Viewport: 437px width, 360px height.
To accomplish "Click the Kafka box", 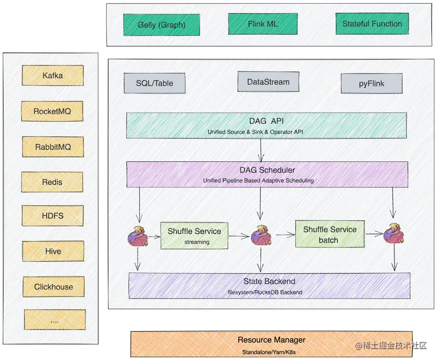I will pyautogui.click(x=53, y=75).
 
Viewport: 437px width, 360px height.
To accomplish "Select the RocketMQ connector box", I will pyautogui.click(x=52, y=111).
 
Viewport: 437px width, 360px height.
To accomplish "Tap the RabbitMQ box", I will pyautogui.click(x=53, y=146).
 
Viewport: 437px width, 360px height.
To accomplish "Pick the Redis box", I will pyautogui.click(x=52, y=182).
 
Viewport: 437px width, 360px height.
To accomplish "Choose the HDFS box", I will pyautogui.click(x=53, y=216).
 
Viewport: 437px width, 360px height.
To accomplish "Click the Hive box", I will pyautogui.click(x=53, y=251).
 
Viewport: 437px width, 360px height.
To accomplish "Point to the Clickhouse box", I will pyautogui.click(x=54, y=287).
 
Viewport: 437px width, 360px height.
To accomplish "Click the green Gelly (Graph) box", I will pyautogui.click(x=154, y=25).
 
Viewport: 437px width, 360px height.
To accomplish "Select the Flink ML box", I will pyautogui.click(x=262, y=24).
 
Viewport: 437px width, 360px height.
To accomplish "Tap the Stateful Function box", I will pyautogui.click(x=372, y=24).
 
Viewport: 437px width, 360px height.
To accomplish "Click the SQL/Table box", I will pyautogui.click(x=154, y=83).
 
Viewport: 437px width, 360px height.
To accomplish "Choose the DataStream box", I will pyautogui.click(x=268, y=82).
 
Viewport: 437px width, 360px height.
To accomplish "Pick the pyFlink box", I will pyautogui.click(x=371, y=83).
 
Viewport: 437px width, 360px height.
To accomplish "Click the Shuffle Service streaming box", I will pyautogui.click(x=194, y=236).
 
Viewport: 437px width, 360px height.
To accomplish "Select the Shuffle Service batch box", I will pyautogui.click(x=330, y=234).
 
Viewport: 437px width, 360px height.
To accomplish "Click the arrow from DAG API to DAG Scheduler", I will pyautogui.click(x=261, y=150).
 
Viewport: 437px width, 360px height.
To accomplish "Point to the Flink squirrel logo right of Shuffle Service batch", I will pyautogui.click(x=394, y=234).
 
